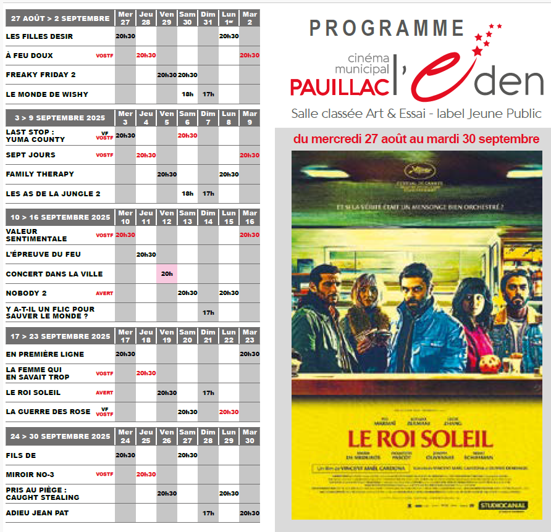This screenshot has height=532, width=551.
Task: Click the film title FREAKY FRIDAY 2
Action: pos(41,75)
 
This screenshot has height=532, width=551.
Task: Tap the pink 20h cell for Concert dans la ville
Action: pos(167,274)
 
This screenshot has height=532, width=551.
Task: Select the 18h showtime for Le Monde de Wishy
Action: pos(187,94)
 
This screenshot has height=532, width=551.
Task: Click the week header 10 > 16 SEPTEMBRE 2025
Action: pos(58,217)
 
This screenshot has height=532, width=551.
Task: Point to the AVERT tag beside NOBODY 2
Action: pos(104,294)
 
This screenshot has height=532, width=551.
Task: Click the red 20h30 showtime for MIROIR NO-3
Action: pos(146,475)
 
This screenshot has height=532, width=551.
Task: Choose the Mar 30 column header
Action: pos(250,436)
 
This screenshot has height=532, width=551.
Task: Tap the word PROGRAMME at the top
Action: pos(387,28)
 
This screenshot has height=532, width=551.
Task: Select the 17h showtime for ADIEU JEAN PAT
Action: pos(208,513)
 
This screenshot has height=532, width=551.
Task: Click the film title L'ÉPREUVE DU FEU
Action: pos(43,254)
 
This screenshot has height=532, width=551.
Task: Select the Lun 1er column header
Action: pos(229,19)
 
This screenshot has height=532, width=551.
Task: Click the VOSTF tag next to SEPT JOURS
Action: pos(104,156)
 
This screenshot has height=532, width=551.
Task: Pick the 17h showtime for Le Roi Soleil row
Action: pos(208,393)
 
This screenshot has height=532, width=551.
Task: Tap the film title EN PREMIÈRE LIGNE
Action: pos(45,354)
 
